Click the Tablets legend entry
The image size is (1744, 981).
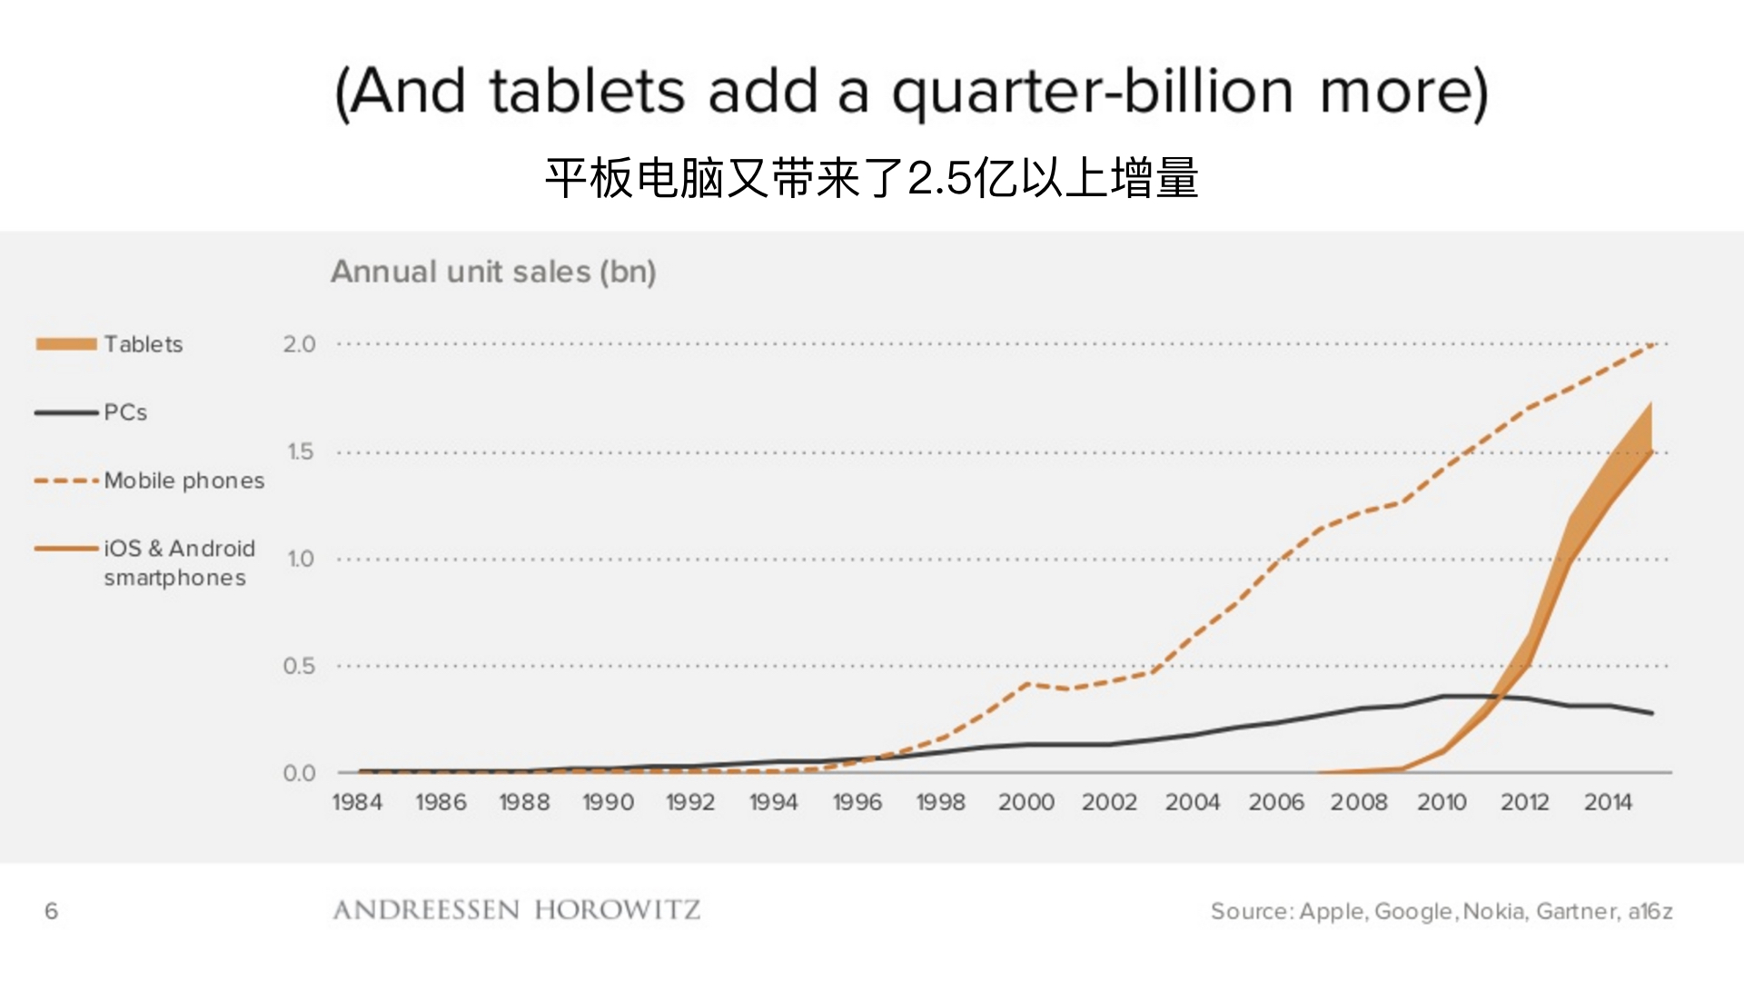point(143,344)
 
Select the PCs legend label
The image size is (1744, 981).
point(125,412)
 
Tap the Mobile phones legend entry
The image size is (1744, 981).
point(183,481)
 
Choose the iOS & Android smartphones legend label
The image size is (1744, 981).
point(179,563)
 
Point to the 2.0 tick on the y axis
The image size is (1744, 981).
point(299,344)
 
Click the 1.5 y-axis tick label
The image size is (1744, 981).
point(300,451)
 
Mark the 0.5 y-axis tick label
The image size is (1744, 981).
point(299,666)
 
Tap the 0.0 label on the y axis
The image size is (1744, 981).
point(299,773)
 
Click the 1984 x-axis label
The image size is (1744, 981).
point(357,803)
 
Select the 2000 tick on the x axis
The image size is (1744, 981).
point(1026,803)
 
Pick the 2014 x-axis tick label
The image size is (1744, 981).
point(1608,803)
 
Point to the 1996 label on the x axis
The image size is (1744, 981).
point(857,803)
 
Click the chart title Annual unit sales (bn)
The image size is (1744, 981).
point(493,272)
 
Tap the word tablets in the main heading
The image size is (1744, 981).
point(587,92)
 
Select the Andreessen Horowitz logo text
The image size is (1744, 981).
point(517,910)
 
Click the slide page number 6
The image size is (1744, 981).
point(51,911)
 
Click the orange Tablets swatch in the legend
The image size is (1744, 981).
point(66,344)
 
